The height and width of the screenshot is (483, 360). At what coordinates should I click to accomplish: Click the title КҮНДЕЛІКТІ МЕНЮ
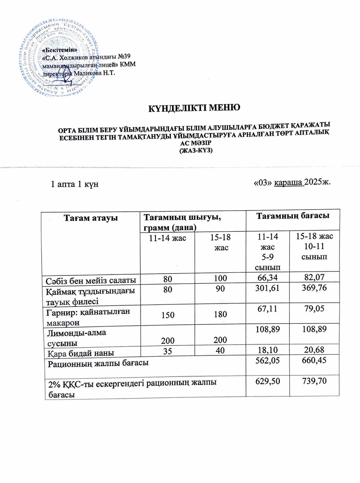tap(194, 107)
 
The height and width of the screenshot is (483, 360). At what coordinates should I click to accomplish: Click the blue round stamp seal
tap(57, 59)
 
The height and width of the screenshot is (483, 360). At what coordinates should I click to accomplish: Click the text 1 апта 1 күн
tap(75, 184)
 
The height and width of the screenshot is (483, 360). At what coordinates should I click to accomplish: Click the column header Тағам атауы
tap(90, 218)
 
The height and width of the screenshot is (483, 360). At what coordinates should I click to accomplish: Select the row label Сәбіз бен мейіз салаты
tap(91, 280)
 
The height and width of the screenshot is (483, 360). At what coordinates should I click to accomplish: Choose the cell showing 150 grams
tap(168, 315)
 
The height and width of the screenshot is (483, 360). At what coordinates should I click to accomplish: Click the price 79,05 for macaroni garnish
tap(314, 309)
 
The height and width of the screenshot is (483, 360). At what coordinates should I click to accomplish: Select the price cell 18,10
tap(267, 350)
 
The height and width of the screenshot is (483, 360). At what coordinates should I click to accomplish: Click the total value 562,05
tap(267, 360)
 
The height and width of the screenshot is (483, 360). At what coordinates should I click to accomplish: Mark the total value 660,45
tap(314, 360)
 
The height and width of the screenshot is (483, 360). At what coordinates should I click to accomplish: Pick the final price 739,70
tap(314, 381)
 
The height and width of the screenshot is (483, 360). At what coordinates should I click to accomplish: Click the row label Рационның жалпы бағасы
tap(98, 363)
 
